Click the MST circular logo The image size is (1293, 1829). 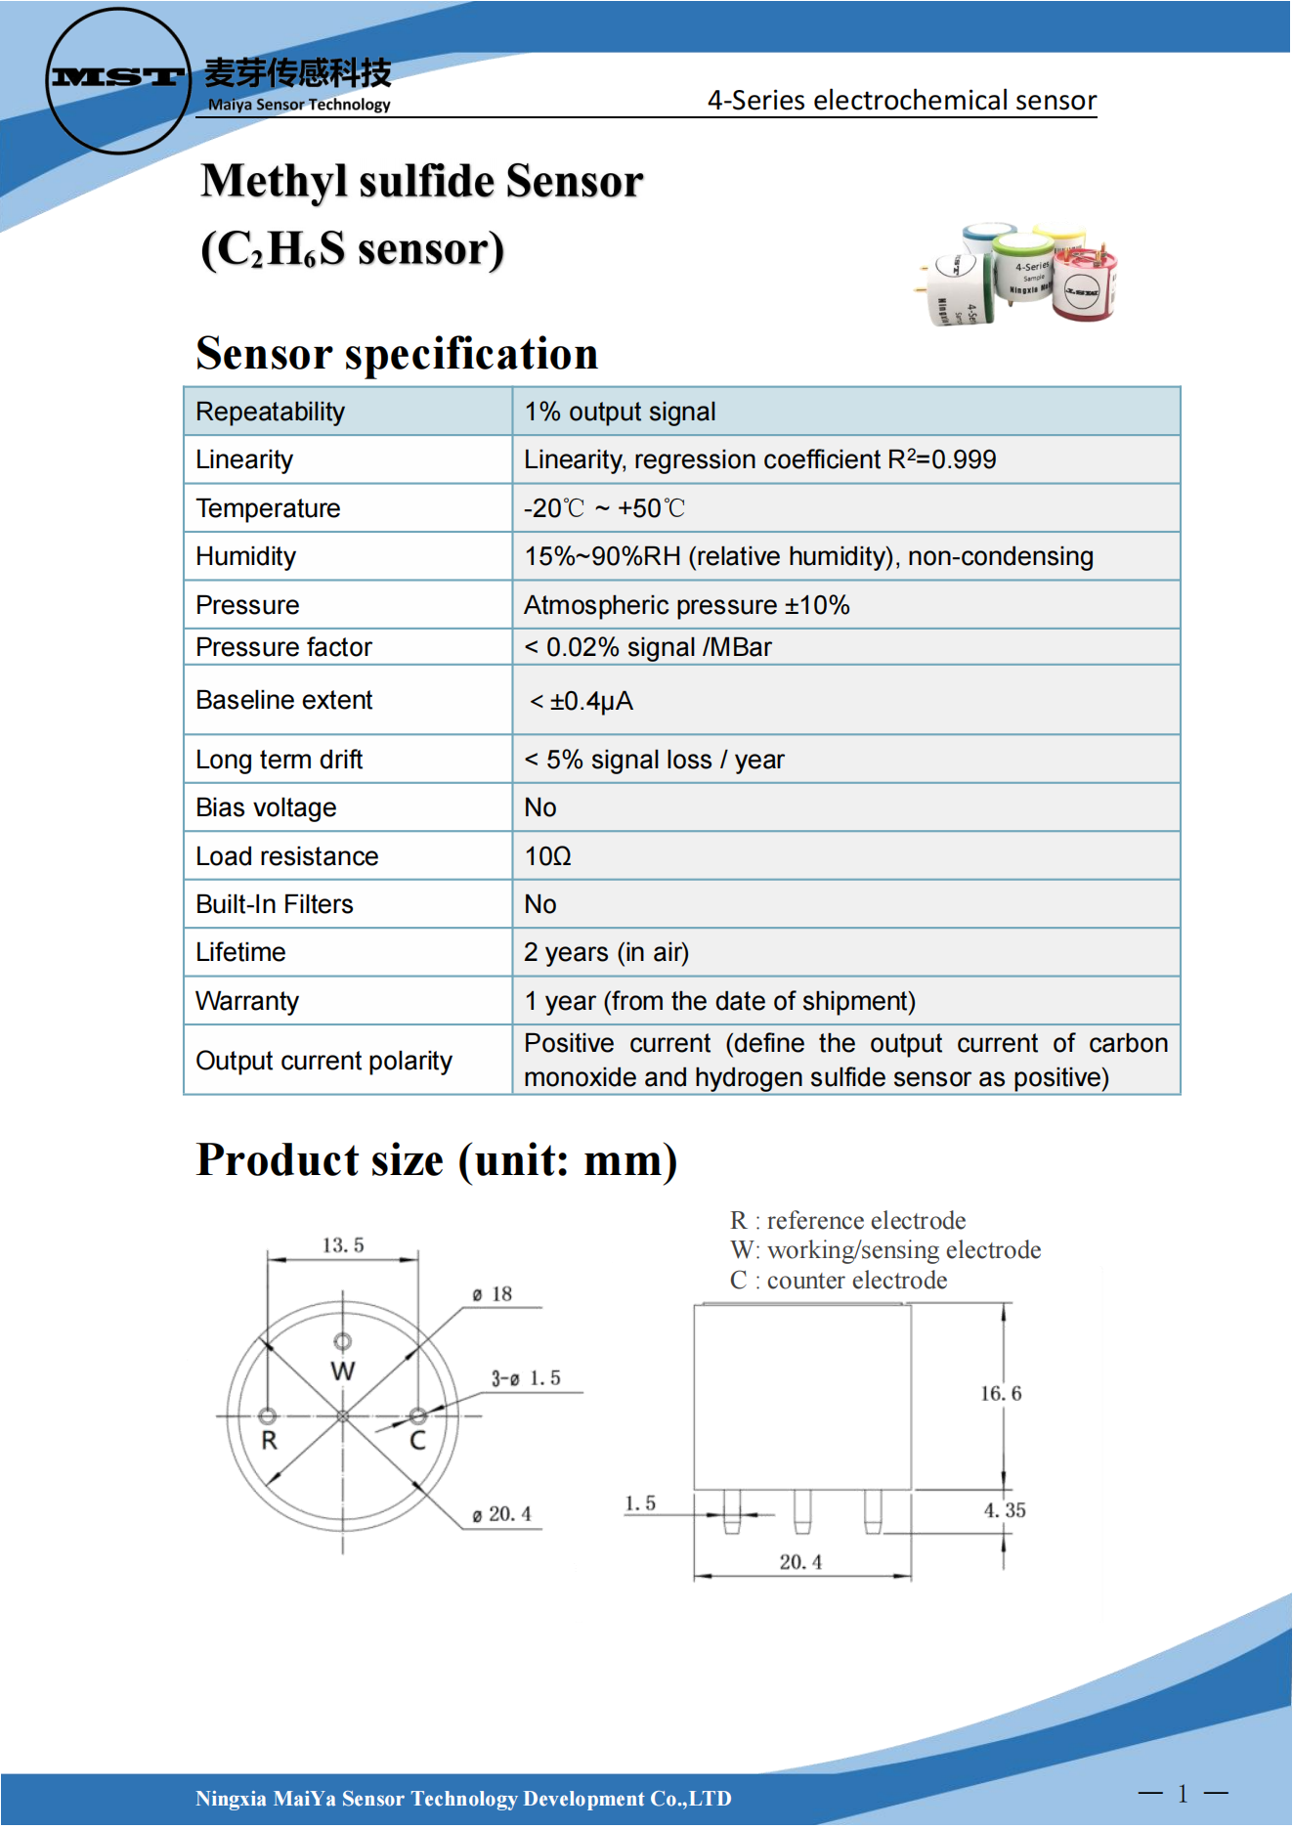[118, 80]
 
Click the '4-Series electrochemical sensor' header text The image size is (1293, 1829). [901, 101]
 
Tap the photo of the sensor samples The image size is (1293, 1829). [1019, 275]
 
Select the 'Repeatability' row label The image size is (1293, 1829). [270, 412]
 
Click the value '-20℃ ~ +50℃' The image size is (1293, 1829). [604, 508]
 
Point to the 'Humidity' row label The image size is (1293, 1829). [245, 556]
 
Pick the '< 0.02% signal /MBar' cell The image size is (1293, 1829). [648, 647]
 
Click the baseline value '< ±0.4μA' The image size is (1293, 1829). [582, 701]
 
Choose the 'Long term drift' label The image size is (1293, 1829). [279, 760]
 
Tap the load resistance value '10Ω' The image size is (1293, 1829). [547, 856]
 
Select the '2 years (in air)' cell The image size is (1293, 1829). [606, 952]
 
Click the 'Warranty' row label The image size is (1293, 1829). [247, 1001]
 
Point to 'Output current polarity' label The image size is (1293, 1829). [323, 1061]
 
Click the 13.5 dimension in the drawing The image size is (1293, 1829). [343, 1245]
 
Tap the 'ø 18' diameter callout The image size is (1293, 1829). [493, 1294]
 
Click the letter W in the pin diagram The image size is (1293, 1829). [343, 1371]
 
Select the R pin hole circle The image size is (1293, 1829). [268, 1415]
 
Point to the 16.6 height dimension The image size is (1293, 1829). [1001, 1393]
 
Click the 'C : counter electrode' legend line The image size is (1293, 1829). [839, 1281]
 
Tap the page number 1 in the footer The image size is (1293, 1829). [1183, 1794]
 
